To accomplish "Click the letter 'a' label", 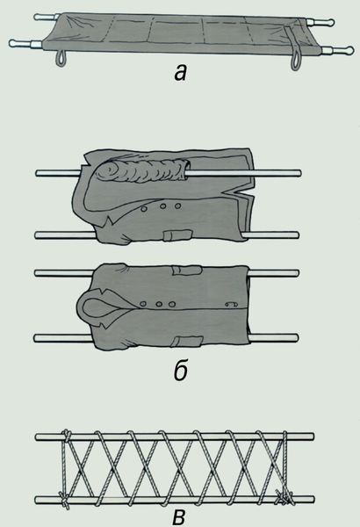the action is coord(181,73).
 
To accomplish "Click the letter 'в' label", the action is coord(179,518).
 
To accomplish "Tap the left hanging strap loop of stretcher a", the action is coord(61,58).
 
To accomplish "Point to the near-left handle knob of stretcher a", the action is coord(13,43).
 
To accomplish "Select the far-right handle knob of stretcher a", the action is coord(329,23).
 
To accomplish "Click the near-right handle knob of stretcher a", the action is coord(349,50).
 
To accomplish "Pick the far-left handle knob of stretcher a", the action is coord(39,17).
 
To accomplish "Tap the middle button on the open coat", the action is coord(162,206).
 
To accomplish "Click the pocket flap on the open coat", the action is coord(178,235).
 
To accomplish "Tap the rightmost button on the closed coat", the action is coord(172,304).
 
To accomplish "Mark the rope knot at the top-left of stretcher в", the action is coord(67,437).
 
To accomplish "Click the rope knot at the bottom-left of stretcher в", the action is coord(64,499).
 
